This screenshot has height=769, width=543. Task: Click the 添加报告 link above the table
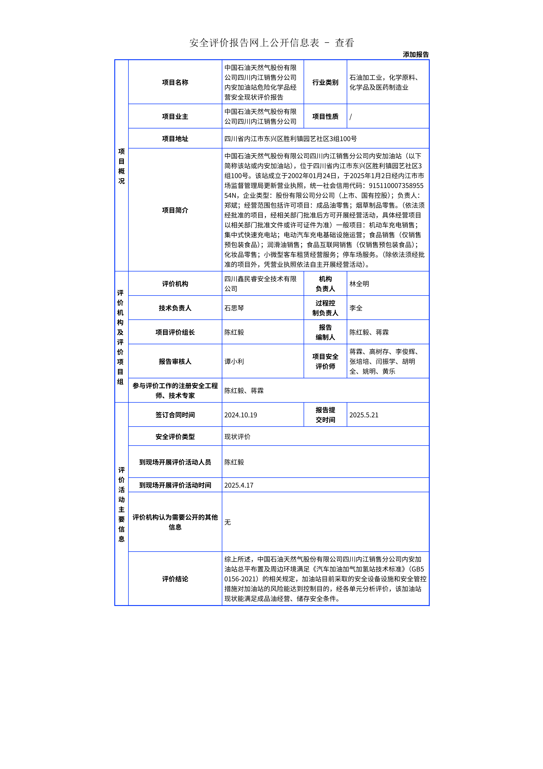coord(416,55)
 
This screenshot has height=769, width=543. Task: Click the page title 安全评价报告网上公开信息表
coord(254,43)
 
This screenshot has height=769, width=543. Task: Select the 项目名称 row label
coord(175,82)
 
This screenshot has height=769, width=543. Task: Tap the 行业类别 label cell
coord(325,82)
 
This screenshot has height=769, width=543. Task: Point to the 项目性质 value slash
coord(351,117)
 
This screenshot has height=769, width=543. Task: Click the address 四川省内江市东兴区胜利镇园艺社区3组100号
coord(290,139)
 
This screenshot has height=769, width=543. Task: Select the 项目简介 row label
coord(175,210)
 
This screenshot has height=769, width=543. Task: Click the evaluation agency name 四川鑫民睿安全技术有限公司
coord(260,284)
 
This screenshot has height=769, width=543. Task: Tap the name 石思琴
coord(234,308)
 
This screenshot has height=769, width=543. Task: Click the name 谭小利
coord(234,361)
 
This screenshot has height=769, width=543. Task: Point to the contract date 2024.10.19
coord(241,415)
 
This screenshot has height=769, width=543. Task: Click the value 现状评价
coord(237,437)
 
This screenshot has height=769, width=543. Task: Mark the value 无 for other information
coord(227,523)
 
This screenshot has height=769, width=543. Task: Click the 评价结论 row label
coord(175,579)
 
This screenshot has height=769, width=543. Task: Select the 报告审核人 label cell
coord(175,361)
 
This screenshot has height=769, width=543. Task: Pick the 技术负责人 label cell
coord(175,308)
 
